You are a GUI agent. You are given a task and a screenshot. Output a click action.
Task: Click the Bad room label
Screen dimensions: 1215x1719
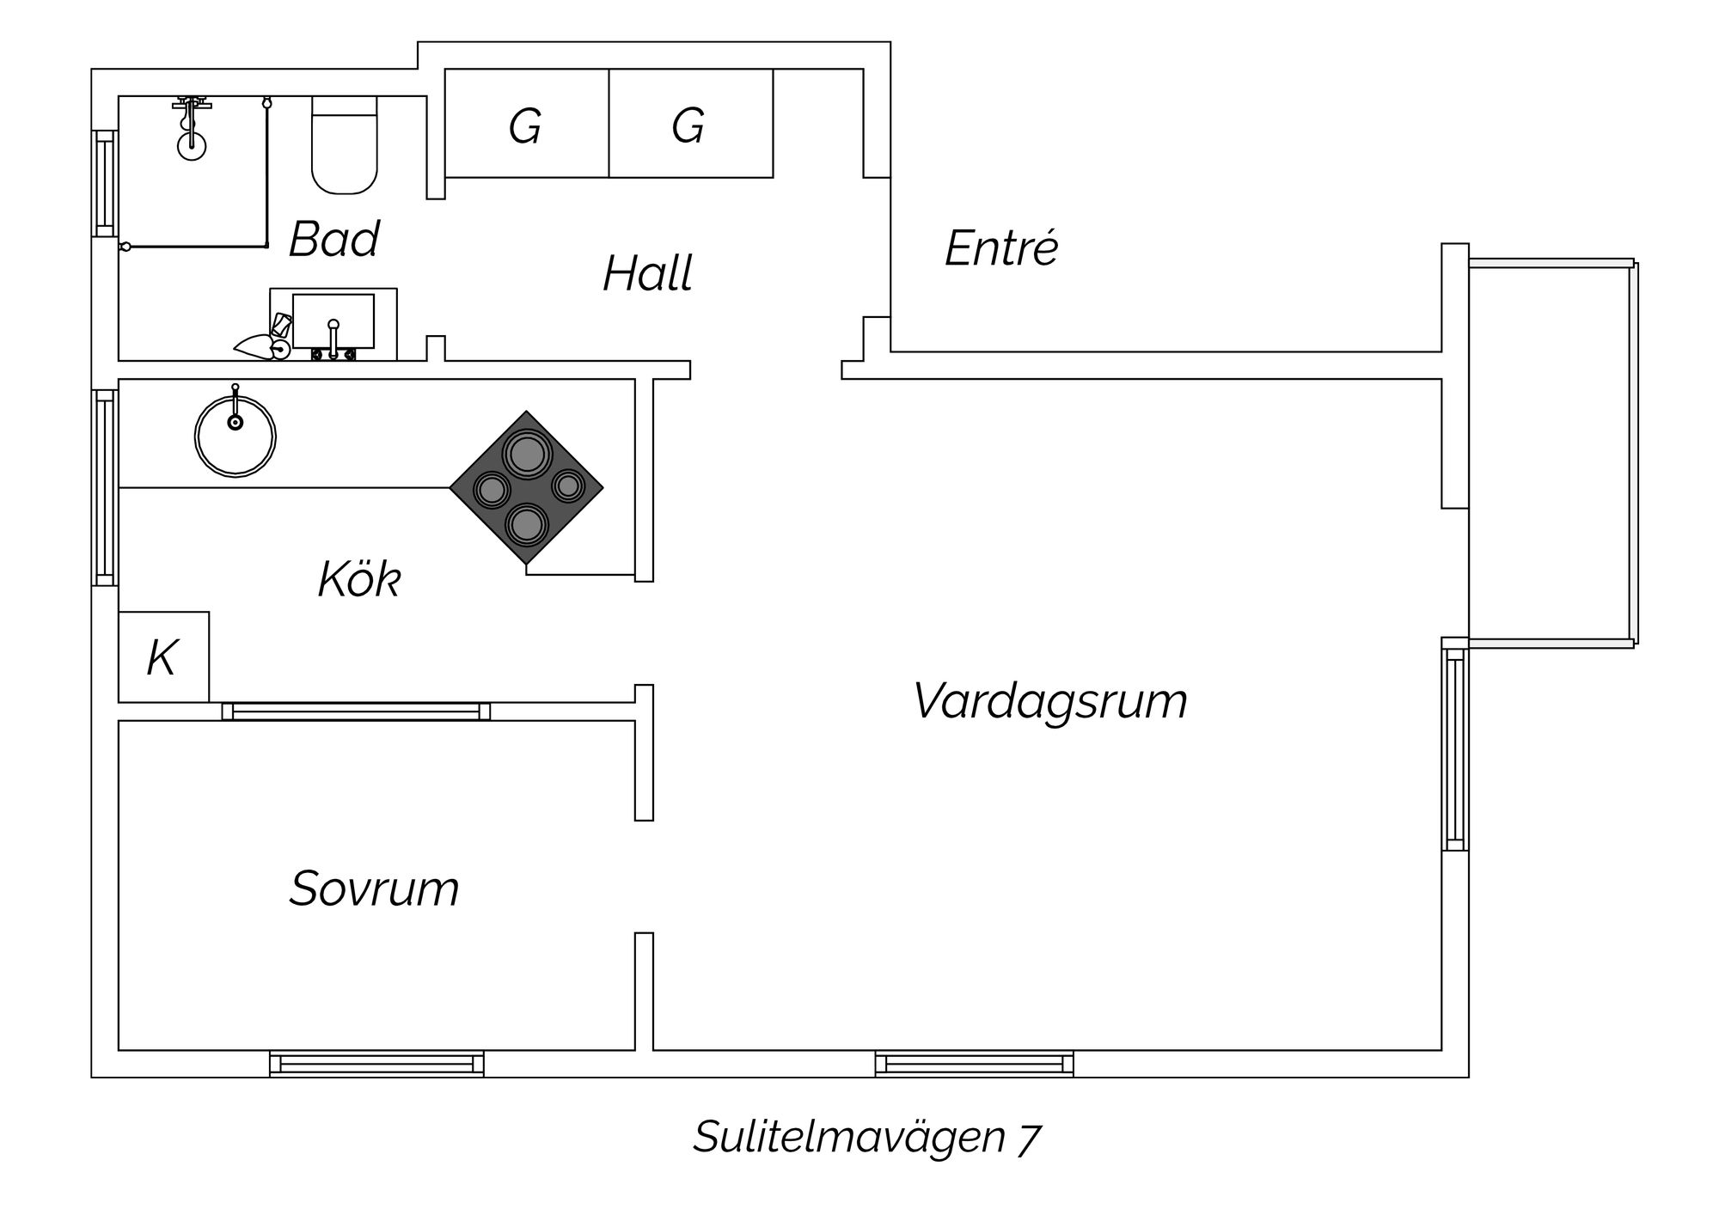[x=333, y=239]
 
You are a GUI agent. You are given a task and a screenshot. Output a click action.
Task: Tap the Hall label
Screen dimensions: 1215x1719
[x=647, y=274]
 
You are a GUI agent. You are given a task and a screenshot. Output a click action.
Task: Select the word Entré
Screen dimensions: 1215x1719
[x=1001, y=248]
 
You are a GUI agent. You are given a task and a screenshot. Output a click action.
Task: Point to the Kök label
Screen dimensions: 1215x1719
[x=359, y=579]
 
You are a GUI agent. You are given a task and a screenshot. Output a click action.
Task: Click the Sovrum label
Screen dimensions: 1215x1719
[x=374, y=888]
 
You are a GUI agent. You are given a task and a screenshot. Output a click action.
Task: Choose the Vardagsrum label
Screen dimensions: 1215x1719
[x=1049, y=700]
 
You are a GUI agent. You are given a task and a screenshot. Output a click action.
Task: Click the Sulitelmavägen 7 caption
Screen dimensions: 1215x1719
[x=866, y=1137]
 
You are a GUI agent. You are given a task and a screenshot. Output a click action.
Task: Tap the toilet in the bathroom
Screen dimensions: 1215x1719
[x=344, y=146]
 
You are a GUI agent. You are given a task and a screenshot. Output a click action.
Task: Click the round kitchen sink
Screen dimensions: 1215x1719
[x=235, y=437]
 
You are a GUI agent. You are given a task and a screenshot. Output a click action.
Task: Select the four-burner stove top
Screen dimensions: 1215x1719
[x=526, y=488]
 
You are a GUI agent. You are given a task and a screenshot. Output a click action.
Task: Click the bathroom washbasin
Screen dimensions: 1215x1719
[x=333, y=321]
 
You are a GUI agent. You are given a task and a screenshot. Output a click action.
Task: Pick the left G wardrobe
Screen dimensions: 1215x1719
[x=526, y=124]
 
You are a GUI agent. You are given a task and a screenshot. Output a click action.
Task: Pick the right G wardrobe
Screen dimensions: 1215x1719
[x=690, y=124]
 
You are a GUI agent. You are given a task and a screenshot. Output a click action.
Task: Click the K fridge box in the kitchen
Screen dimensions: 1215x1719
[x=163, y=657]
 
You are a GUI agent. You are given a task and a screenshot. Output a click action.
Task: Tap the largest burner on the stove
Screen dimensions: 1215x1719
[x=527, y=453]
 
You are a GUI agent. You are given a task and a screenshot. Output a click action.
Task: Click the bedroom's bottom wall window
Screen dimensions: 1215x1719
[x=376, y=1064]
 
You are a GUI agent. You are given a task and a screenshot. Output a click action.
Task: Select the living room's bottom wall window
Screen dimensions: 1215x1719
[x=974, y=1064]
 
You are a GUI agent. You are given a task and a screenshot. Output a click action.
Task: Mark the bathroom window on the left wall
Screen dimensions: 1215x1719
[x=104, y=183]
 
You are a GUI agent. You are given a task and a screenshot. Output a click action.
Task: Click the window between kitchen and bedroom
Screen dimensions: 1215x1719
[x=356, y=711]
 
